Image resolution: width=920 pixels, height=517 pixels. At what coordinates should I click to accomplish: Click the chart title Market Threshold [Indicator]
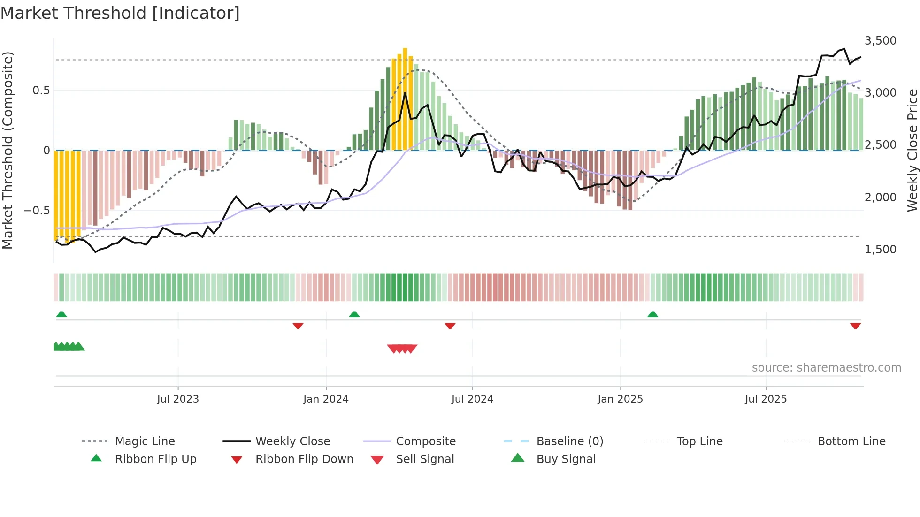click(x=120, y=13)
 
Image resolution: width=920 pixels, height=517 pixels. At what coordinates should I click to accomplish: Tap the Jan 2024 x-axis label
click(x=326, y=399)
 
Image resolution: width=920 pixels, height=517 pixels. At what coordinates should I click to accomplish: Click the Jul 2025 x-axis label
click(x=766, y=399)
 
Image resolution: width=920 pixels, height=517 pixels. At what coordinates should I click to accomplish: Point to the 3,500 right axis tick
click(x=880, y=41)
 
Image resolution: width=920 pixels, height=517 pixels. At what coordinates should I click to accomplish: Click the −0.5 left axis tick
click(x=37, y=211)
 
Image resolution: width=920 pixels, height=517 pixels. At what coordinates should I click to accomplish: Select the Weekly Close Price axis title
click(x=912, y=150)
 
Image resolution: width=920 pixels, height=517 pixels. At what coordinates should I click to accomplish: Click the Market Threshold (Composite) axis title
click(x=8, y=150)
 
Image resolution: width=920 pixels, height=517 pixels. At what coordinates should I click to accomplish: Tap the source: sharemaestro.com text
click(x=826, y=368)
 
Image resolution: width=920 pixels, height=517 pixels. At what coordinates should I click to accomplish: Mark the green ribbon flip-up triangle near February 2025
click(x=652, y=314)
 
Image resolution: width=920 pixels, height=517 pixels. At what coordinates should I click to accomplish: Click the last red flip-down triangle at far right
click(x=855, y=326)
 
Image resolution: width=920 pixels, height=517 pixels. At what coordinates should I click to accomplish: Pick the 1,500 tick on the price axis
click(x=880, y=250)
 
